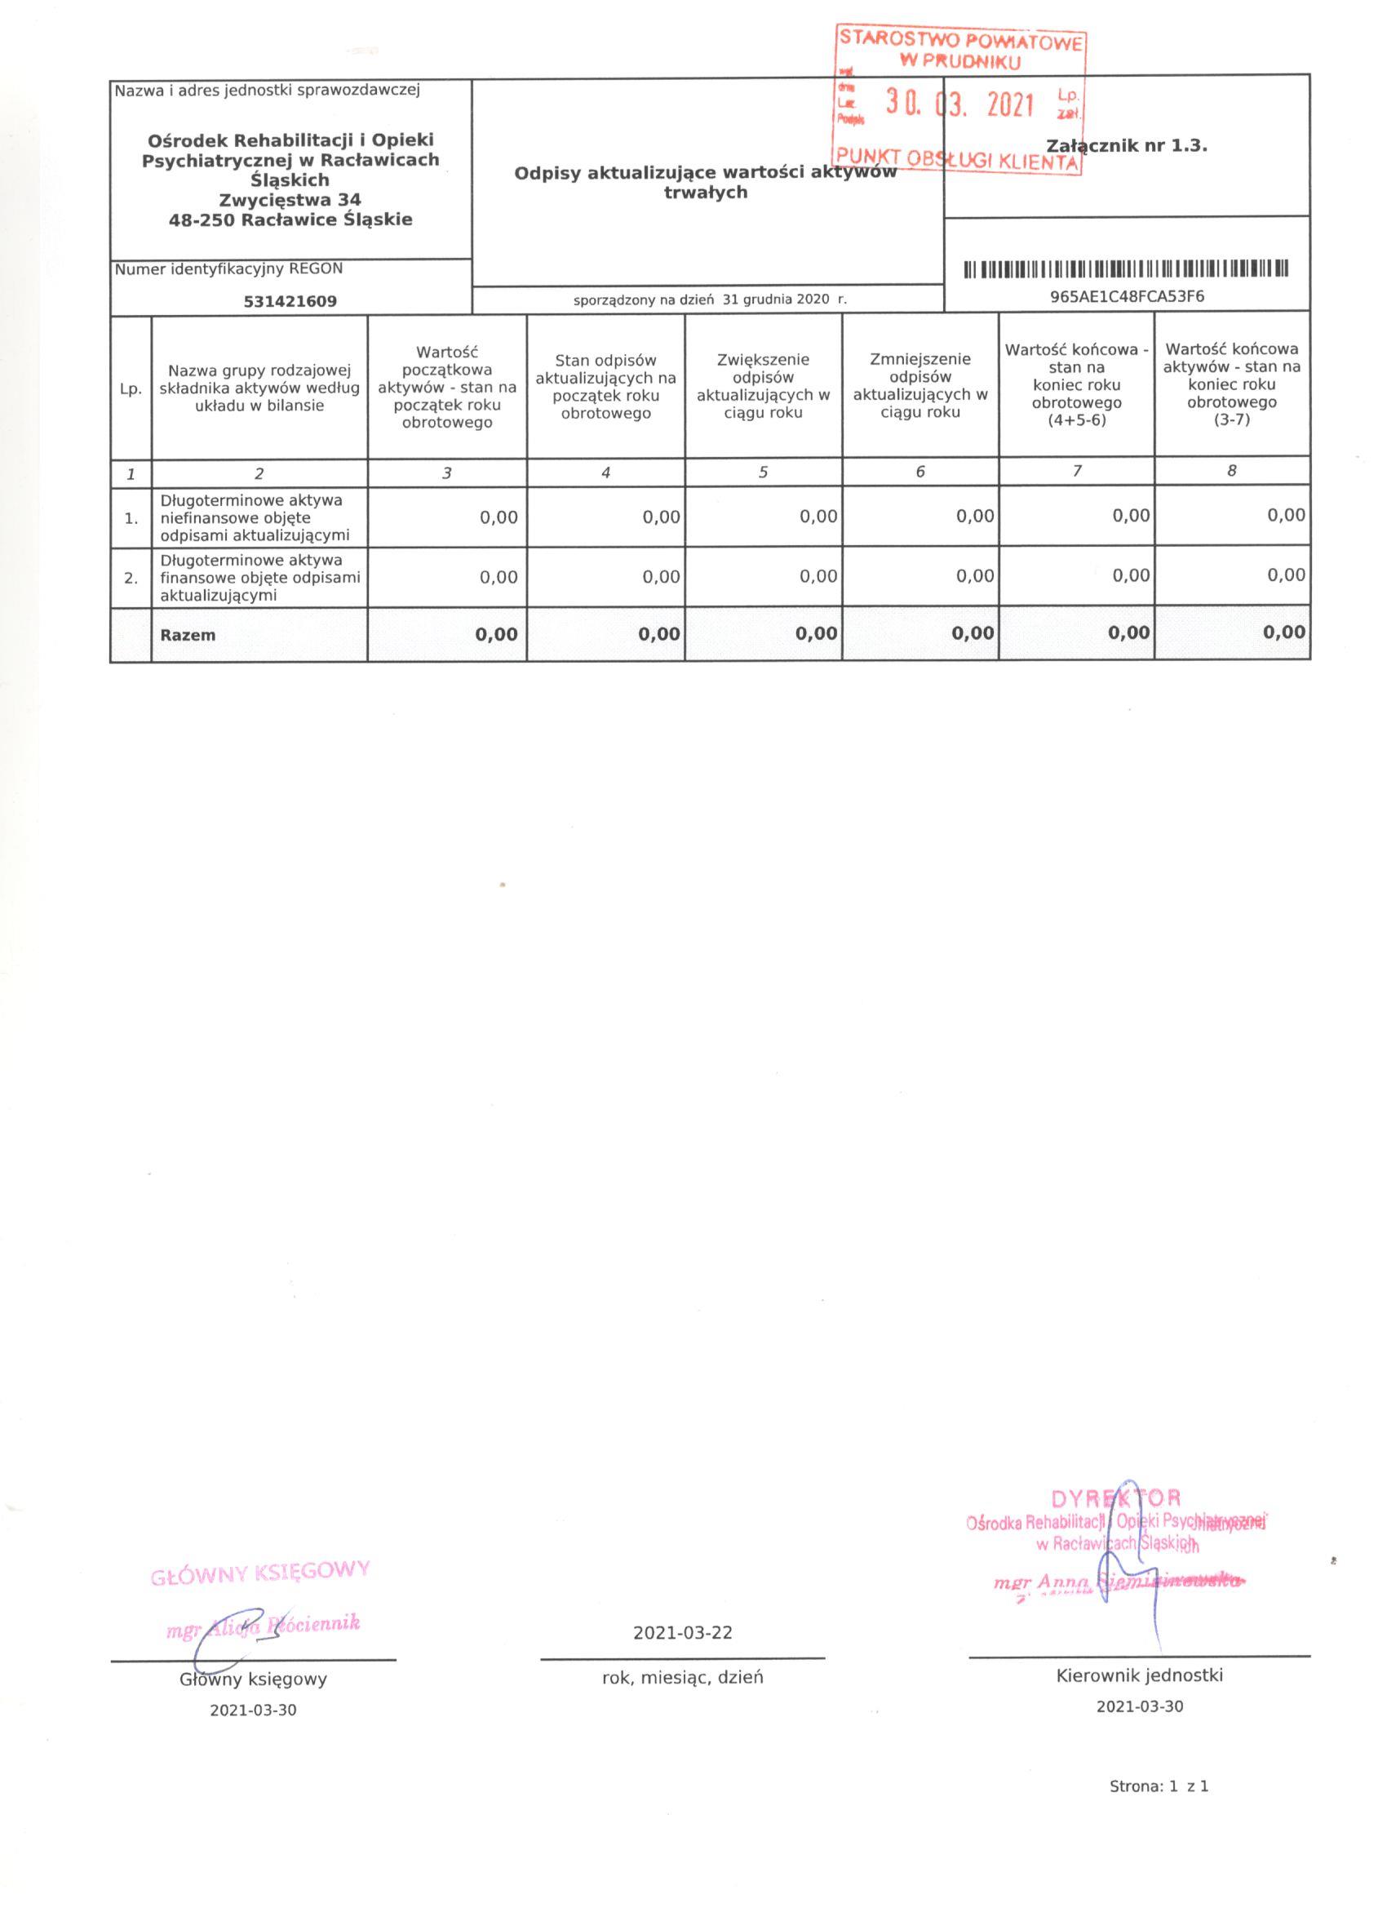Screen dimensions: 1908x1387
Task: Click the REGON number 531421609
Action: [x=290, y=301]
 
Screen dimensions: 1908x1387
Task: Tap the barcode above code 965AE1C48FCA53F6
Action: [x=1126, y=269]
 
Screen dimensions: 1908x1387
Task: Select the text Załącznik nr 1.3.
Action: [x=1126, y=145]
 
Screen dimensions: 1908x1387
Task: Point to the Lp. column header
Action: [x=131, y=389]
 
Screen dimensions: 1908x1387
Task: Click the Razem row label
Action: [x=188, y=635]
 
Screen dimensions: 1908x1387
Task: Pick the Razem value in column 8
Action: [x=1283, y=632]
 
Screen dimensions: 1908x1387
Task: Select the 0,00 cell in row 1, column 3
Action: [x=499, y=517]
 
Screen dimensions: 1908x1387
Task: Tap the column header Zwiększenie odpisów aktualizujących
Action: [x=763, y=386]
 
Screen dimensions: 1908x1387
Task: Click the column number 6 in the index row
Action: [x=920, y=472]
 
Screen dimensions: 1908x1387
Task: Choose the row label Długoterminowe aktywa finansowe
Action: [x=259, y=578]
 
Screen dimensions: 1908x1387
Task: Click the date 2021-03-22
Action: [x=682, y=1633]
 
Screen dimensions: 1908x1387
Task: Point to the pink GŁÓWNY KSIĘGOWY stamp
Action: [x=260, y=1573]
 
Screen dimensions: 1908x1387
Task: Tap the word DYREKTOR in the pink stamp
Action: [x=1116, y=1498]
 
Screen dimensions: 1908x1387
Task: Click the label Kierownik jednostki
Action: [x=1139, y=1675]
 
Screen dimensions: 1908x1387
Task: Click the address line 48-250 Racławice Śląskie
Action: [x=290, y=220]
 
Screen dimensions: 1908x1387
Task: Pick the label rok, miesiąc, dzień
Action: [x=682, y=1678]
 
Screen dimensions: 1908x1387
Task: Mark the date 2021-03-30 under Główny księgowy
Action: [x=253, y=1711]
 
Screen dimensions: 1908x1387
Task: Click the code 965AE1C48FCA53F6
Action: [x=1126, y=296]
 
